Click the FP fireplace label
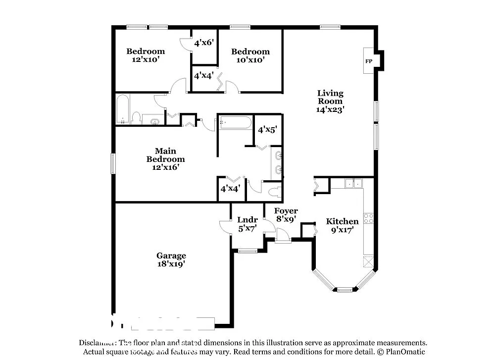click(369, 61)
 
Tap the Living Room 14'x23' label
click(330, 101)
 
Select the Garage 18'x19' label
click(171, 260)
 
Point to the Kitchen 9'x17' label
click(342, 225)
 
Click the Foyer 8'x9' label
click(286, 214)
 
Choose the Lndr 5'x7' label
click(247, 224)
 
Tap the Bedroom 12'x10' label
click(146, 55)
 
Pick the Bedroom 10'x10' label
click(250, 55)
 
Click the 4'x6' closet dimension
click(204, 43)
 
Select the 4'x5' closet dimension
click(267, 130)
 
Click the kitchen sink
click(353, 184)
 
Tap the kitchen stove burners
click(369, 218)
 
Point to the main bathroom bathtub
click(236, 122)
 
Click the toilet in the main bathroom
click(274, 192)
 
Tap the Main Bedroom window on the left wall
click(113, 164)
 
